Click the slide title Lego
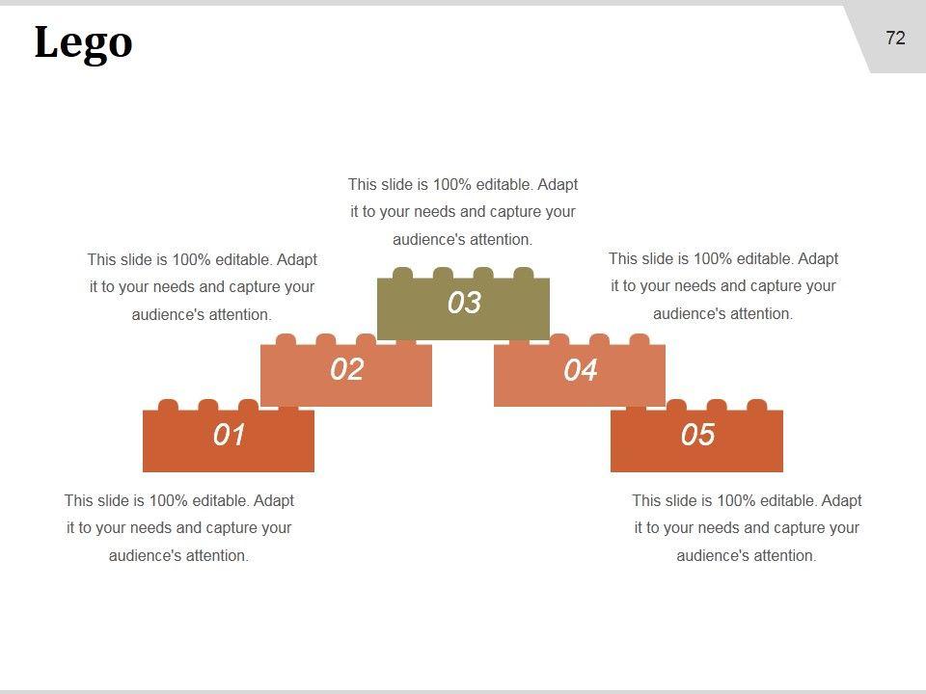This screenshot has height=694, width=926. click(83, 43)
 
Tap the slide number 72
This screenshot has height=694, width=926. click(895, 39)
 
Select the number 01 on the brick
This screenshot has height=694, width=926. click(229, 435)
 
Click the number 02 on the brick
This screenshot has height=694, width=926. click(346, 369)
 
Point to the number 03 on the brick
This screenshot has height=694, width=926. click(464, 303)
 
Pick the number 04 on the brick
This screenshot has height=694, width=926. click(580, 370)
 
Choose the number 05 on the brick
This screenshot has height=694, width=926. click(697, 435)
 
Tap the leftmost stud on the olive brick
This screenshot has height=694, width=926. click(403, 273)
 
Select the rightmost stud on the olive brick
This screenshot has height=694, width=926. click(523, 273)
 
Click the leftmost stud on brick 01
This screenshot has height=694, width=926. click(168, 405)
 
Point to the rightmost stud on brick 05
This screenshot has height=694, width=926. click(757, 405)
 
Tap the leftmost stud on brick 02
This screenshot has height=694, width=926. click(286, 339)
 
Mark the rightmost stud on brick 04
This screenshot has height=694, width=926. click(639, 339)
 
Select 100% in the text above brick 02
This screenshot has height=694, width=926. click(191, 259)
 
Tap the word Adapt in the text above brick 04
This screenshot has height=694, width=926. click(818, 258)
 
